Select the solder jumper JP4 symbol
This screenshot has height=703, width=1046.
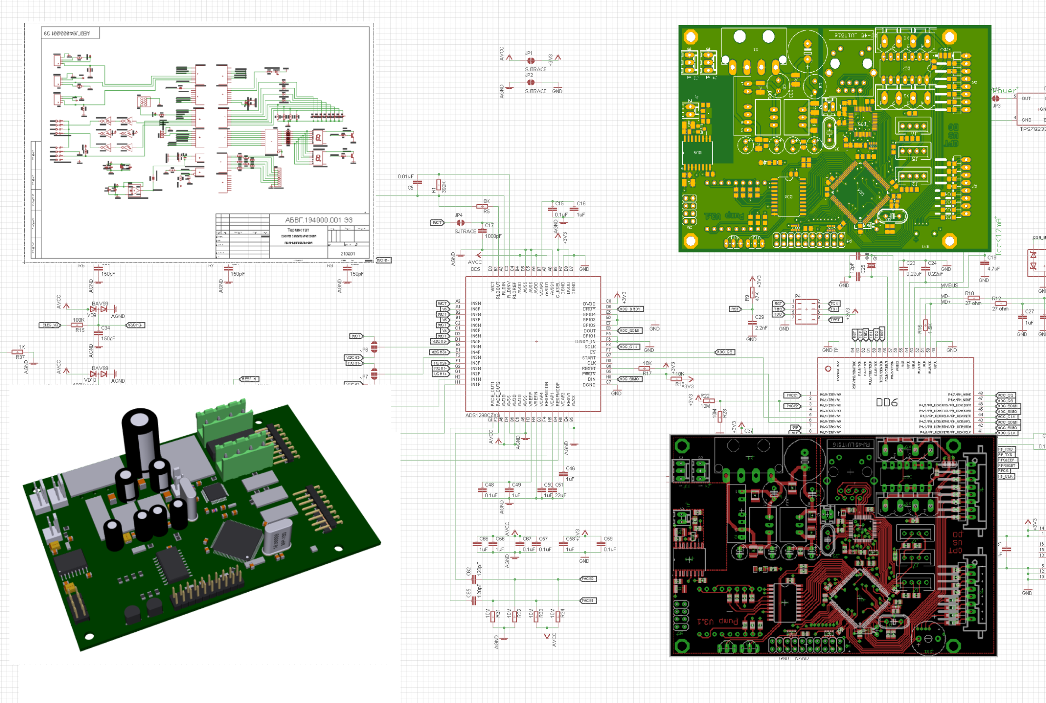pyautogui.click(x=460, y=222)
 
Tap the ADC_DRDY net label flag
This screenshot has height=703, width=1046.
pyautogui.click(x=630, y=309)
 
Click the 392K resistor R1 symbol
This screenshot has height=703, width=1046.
pyautogui.click(x=438, y=185)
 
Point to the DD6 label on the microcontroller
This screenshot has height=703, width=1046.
pyautogui.click(x=887, y=403)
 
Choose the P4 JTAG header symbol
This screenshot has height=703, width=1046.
pyautogui.click(x=806, y=311)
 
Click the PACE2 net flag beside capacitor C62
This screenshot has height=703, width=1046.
pyautogui.click(x=588, y=579)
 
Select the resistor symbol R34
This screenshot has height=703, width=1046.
pyautogui.click(x=558, y=616)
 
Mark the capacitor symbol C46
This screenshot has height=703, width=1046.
pyautogui.click(x=563, y=474)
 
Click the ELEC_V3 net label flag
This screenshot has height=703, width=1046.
pyautogui.click(x=50, y=325)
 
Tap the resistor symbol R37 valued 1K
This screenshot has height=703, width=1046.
pyautogui.click(x=17, y=352)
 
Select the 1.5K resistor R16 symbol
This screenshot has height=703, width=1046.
pyautogui.click(x=925, y=326)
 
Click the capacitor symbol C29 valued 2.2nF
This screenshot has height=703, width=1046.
pyautogui.click(x=752, y=322)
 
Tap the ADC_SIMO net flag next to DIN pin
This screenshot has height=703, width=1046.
pyautogui.click(x=630, y=379)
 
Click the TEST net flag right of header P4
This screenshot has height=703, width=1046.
pyautogui.click(x=835, y=320)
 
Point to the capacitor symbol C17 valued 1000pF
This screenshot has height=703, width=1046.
pyautogui.click(x=482, y=231)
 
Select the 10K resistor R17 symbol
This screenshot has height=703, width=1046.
pyautogui.click(x=644, y=368)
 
